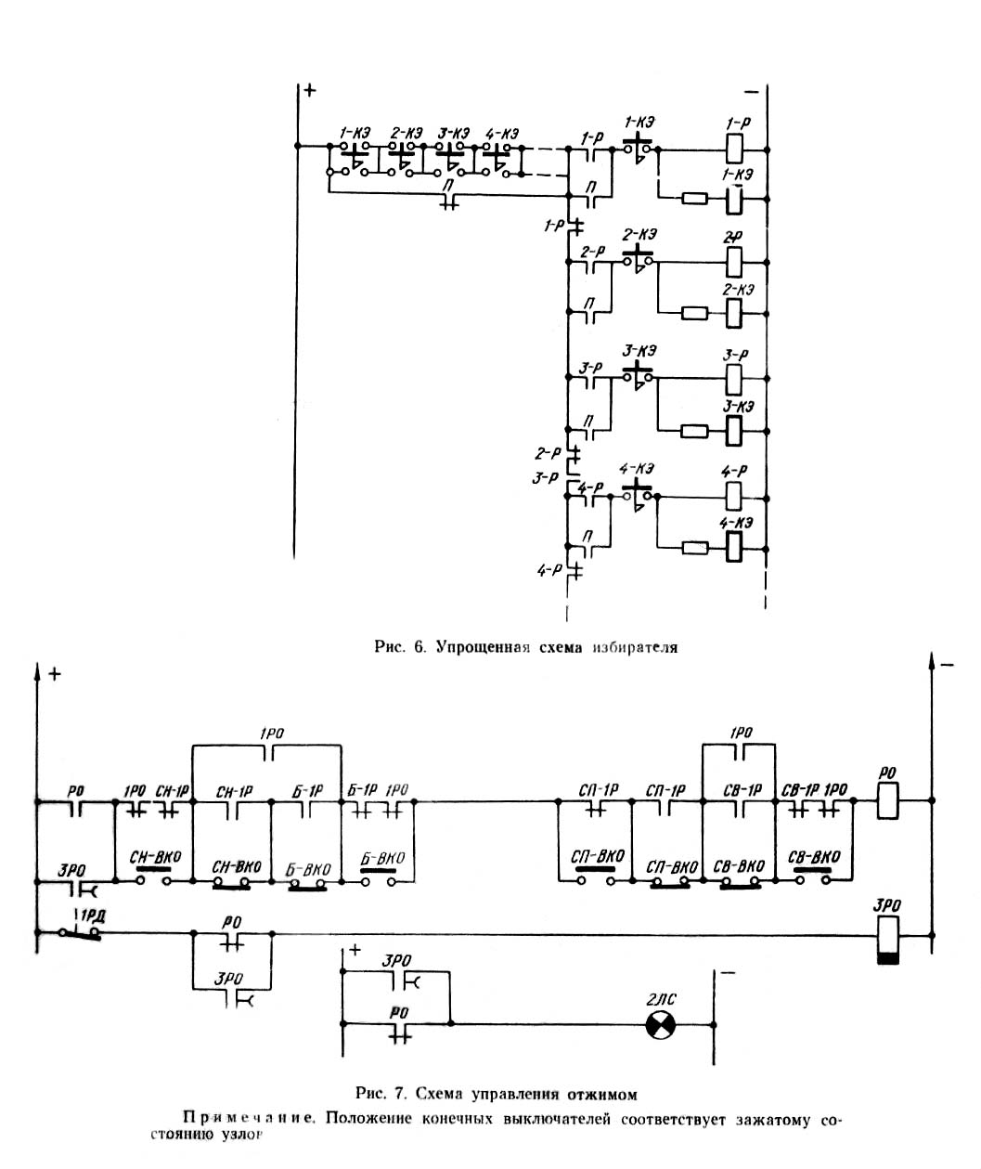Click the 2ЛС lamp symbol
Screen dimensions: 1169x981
pos(662,1024)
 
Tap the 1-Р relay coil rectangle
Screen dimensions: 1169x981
pos(734,147)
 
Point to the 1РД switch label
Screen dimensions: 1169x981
pos(91,916)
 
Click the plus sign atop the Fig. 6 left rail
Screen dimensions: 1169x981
pos(309,91)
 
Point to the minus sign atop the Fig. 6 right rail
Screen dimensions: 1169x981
pos(751,91)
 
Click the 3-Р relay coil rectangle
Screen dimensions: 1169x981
pos(734,377)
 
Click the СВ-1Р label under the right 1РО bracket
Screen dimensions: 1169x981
pos(740,790)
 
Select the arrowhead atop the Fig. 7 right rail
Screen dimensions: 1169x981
pos(932,661)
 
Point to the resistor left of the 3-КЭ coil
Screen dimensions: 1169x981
pos(694,431)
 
